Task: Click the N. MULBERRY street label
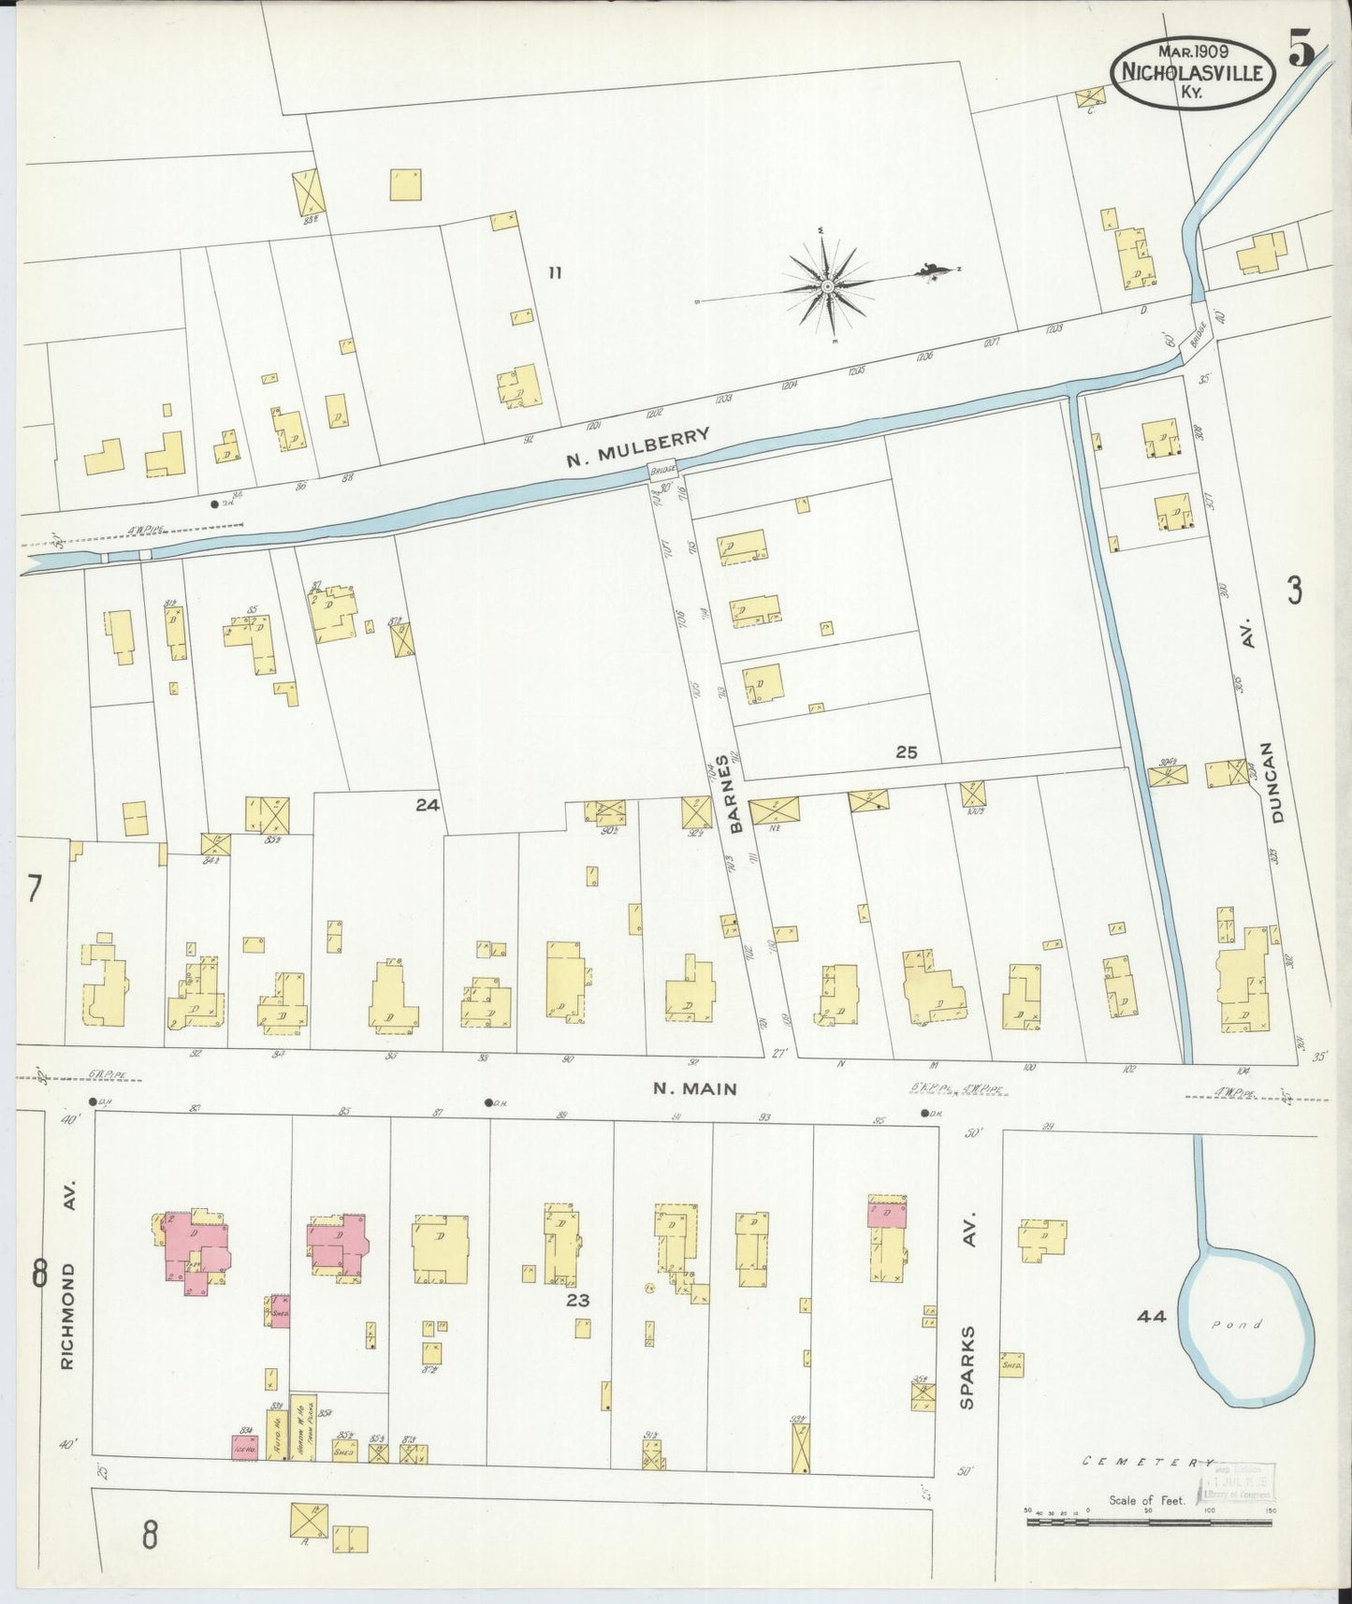[638, 447]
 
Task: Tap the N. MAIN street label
[694, 1088]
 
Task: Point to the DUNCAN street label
[1278, 782]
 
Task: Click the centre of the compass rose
[828, 284]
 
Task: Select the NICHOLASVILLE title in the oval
[1192, 73]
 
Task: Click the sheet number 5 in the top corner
[1301, 49]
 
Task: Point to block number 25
[905, 751]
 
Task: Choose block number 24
[428, 804]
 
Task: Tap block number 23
[578, 1300]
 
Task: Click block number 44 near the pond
[1151, 1317]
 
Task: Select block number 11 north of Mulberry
[555, 273]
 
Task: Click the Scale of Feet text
[1147, 1500]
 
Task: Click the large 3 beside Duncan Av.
[1294, 591]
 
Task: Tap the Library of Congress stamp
[1237, 1484]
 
